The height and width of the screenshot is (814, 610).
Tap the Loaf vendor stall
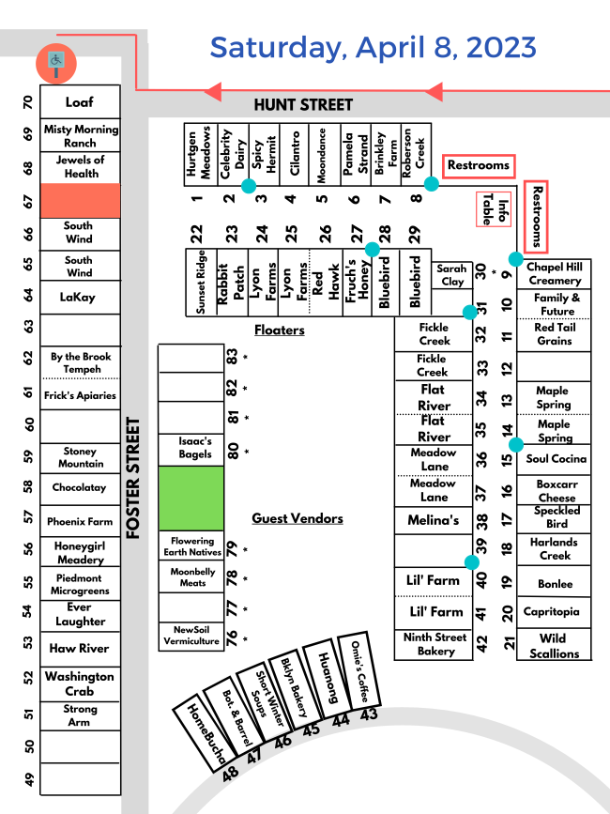80,101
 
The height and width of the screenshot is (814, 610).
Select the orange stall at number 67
80,200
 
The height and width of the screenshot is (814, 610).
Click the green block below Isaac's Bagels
191,498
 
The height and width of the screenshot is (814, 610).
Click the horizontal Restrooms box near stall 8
478,165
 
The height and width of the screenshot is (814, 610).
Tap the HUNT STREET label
303,105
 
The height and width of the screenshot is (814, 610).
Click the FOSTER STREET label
133,479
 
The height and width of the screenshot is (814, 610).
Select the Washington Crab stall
80,683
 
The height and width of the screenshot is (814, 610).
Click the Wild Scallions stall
554,646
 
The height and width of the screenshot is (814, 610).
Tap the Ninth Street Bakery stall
435,644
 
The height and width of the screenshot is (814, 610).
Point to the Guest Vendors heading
297,518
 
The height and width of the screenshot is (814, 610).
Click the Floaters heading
279,330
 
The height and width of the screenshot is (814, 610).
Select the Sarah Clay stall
451,275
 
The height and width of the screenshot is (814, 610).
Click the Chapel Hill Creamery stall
554,273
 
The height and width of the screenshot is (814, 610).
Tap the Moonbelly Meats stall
192,577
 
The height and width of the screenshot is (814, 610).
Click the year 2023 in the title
496,47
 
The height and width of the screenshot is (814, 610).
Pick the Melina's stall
433,520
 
